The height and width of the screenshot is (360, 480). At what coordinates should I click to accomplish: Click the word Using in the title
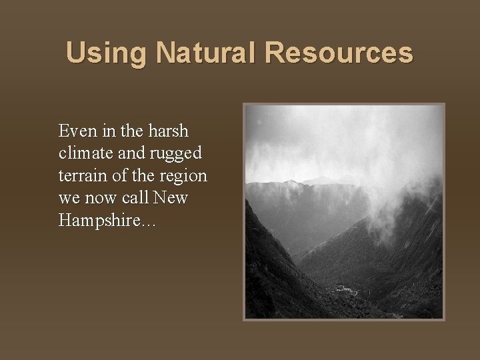[101, 53]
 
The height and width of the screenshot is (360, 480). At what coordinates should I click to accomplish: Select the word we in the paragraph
[68, 198]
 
